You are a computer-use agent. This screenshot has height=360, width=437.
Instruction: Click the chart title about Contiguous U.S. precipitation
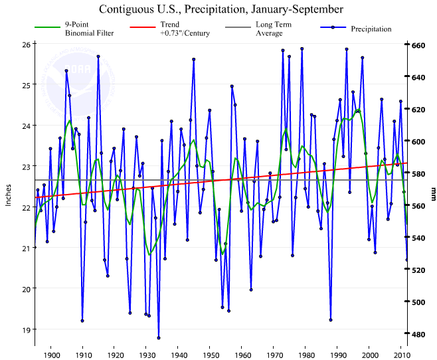[221, 9]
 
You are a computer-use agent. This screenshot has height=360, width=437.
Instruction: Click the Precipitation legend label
[371, 29]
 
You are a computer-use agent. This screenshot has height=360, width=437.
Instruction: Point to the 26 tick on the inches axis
[26, 44]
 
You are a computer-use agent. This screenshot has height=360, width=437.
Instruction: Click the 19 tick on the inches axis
[26, 329]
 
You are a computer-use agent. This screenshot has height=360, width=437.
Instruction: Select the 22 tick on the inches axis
[26, 207]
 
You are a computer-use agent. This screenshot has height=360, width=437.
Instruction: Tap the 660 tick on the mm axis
[418, 45]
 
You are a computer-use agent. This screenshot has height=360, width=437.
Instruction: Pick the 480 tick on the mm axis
[418, 334]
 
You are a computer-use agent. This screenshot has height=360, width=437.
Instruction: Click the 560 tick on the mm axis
[418, 206]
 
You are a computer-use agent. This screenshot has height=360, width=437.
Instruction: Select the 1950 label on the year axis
[210, 355]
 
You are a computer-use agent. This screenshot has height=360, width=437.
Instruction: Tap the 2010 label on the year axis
[400, 355]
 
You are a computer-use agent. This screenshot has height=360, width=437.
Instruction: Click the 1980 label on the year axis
[306, 355]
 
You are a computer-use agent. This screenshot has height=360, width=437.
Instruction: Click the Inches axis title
[9, 194]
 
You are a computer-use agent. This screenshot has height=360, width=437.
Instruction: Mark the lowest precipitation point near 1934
[159, 338]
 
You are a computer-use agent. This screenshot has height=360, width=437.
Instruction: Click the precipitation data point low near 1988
[331, 319]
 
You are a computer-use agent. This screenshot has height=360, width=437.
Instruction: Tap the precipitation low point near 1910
[82, 321]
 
